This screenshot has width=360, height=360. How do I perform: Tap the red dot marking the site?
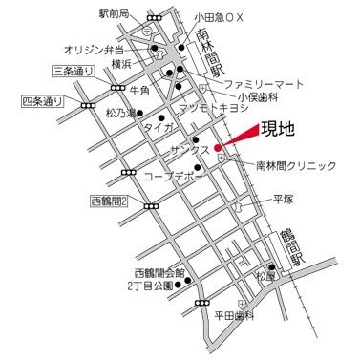pos(218,148)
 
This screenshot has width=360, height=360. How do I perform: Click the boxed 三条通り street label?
pos(74,71)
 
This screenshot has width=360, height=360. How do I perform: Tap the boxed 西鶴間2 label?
pos(110,201)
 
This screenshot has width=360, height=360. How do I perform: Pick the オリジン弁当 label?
pos(95,47)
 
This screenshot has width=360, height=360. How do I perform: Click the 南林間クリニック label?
pos(296,165)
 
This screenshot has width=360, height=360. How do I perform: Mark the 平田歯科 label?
pos(233,315)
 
